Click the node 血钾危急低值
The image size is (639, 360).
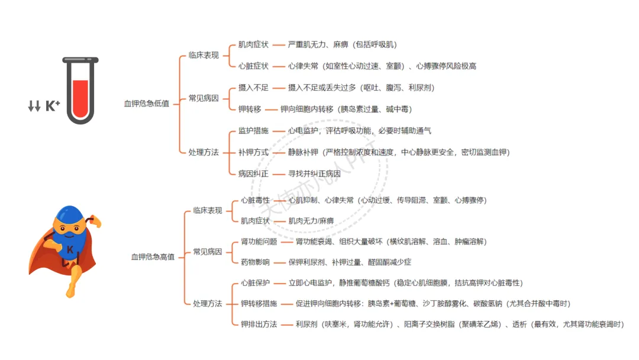(x=146, y=104)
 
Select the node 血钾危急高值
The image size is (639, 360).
(x=153, y=257)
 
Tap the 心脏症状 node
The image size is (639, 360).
(x=253, y=66)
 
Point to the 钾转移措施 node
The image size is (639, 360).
(x=259, y=304)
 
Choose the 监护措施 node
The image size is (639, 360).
(x=253, y=130)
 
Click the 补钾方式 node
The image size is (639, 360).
(x=253, y=152)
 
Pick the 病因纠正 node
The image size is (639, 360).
(x=253, y=174)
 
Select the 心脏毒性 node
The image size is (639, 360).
(x=255, y=200)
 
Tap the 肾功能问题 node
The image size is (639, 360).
(x=259, y=242)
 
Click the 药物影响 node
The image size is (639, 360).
(x=255, y=262)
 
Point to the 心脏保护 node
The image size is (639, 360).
(x=255, y=283)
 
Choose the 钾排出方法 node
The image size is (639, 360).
(x=259, y=324)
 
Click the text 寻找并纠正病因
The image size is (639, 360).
(x=314, y=174)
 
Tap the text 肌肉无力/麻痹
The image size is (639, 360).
(x=311, y=221)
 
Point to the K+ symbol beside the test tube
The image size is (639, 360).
(x=53, y=106)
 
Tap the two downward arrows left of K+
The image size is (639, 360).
(x=34, y=106)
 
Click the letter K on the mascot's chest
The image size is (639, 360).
(x=70, y=250)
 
